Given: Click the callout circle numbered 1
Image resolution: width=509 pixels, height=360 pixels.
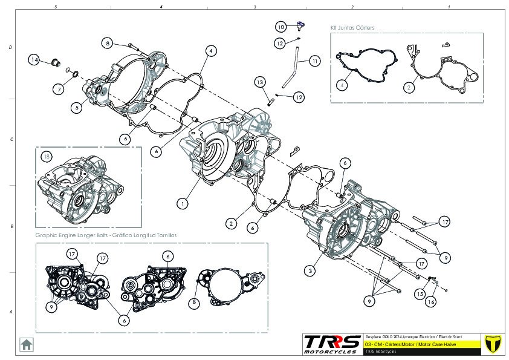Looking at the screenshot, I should [182, 205].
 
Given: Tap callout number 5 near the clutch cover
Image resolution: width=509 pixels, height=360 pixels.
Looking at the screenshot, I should [76, 108].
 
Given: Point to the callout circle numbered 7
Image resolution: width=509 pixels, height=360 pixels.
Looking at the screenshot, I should [59, 90].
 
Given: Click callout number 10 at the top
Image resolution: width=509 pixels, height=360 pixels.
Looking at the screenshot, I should [281, 27].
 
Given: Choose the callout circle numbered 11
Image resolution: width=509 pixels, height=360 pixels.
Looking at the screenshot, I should [315, 61].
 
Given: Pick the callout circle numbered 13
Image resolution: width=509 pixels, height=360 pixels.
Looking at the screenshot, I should [259, 82].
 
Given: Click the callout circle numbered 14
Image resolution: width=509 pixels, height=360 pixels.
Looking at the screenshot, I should [34, 60].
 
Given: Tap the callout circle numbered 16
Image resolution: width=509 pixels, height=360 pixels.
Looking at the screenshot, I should [431, 301].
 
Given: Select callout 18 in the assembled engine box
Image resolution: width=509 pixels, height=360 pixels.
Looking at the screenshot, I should [47, 157].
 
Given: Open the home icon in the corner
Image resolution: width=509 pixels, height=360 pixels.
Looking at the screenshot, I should [27, 344].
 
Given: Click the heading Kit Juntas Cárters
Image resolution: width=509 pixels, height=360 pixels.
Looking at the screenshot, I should [352, 28].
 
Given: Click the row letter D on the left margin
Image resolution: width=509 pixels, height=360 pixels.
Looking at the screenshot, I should [10, 47].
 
